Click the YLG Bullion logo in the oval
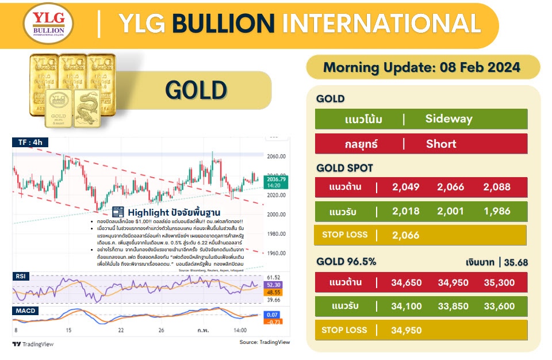(48, 24)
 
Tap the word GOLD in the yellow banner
(196, 90)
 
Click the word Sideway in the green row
(448, 119)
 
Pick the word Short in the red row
(441, 144)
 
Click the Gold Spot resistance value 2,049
(405, 187)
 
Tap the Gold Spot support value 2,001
(451, 211)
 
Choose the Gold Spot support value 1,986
(497, 211)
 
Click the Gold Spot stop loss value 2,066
(405, 235)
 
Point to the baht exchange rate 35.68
(516, 263)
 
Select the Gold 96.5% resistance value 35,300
(499, 282)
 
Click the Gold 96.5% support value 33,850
(453, 307)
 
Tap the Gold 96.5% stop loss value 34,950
(405, 330)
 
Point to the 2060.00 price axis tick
(277, 156)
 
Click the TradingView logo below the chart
(33, 344)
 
